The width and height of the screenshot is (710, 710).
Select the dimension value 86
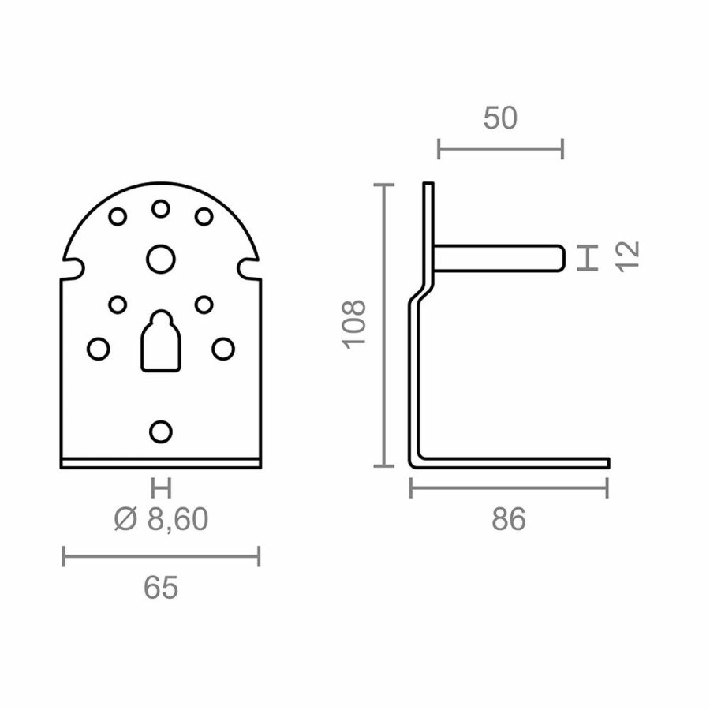pyautogui.click(x=508, y=520)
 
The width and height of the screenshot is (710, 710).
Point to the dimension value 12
pyautogui.click(x=627, y=257)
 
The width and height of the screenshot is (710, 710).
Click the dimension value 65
pyautogui.click(x=161, y=587)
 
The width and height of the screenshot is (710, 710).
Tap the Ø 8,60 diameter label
pyautogui.click(x=161, y=520)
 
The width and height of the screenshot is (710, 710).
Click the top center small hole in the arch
pyautogui.click(x=161, y=209)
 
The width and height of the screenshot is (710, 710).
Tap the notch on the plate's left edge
pyautogui.click(x=73, y=268)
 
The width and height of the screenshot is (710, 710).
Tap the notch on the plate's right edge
pyautogui.click(x=249, y=268)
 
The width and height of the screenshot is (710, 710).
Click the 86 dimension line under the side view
pyautogui.click(x=509, y=489)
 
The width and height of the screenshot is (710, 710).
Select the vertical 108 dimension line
pyautogui.click(x=383, y=325)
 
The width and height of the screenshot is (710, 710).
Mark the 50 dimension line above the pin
pyautogui.click(x=500, y=148)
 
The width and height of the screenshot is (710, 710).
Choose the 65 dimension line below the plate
pyautogui.click(x=161, y=558)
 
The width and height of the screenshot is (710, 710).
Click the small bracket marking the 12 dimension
pyautogui.click(x=587, y=258)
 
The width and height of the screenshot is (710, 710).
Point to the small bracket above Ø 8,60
pyautogui.click(x=161, y=488)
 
